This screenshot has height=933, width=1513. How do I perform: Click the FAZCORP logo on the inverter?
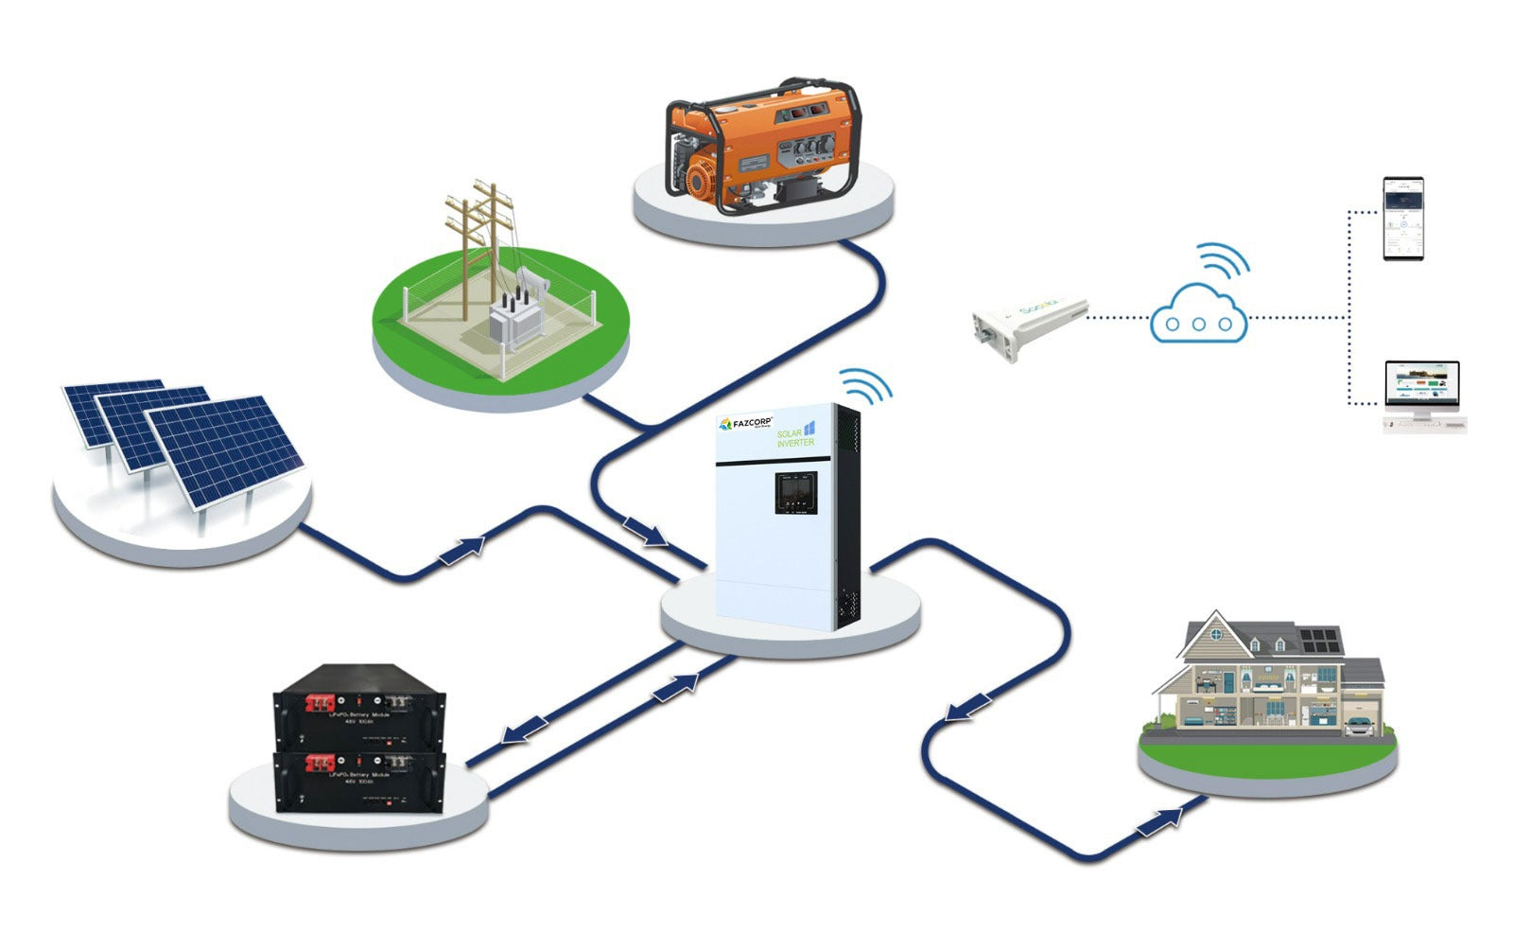[x=747, y=424]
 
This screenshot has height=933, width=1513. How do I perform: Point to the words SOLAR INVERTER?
[x=794, y=438]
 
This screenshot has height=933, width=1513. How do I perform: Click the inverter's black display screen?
[x=796, y=492]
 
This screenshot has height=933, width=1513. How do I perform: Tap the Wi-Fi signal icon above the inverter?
[x=864, y=386]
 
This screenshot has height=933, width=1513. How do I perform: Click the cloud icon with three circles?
[x=1198, y=316]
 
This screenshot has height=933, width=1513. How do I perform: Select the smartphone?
[x=1402, y=219]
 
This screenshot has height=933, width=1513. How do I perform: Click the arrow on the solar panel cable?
[x=462, y=550]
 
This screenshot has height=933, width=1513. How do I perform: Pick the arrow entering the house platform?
[x=1160, y=821]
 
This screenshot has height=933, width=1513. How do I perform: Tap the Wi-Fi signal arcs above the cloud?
[x=1222, y=260]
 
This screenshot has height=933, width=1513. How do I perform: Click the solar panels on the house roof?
[x=1320, y=641]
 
